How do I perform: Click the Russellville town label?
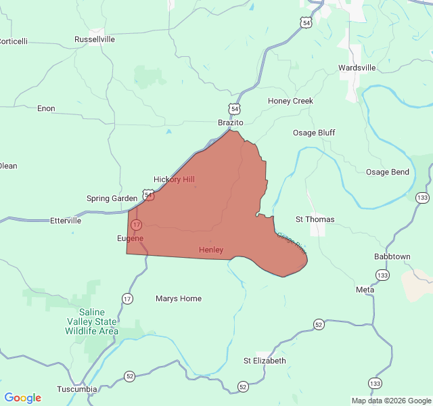coord(95,39)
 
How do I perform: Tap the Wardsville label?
coord(357,68)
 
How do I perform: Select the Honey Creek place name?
coord(290,101)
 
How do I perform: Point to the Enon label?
coord(46,108)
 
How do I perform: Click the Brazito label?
coord(230,122)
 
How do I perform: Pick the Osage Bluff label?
coord(314,133)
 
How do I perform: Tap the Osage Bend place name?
coord(388,172)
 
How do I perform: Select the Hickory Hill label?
coord(174,179)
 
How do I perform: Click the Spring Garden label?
coord(112,198)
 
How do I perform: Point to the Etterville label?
coord(66,221)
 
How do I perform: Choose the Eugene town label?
coord(130,238)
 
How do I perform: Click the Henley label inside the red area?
coord(211,250)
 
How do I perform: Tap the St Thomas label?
coord(315,219)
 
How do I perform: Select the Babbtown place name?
coord(392,257)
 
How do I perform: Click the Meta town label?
coord(365,290)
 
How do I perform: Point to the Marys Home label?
coord(179,298)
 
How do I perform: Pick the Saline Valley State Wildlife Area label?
coord(92,321)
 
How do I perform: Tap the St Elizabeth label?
coord(265,361)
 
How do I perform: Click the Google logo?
coord(22,398)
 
